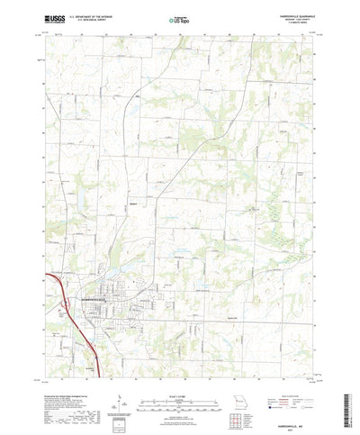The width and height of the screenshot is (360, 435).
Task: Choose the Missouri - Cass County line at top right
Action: tap(297, 17)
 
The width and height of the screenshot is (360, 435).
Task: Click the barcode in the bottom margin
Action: tap(119, 415)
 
